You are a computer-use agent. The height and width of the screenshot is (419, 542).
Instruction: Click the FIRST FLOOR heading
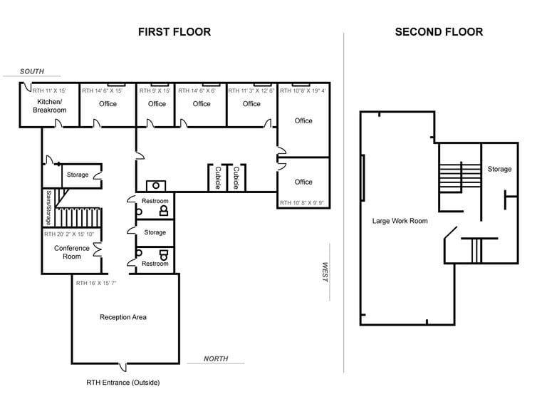click(174, 32)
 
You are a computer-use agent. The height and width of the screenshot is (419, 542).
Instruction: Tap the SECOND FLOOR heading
click(439, 32)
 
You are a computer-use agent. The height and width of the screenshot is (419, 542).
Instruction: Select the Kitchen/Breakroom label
click(49, 106)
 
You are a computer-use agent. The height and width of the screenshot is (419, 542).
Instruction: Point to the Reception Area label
click(123, 317)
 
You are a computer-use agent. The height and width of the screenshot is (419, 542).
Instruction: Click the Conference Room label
click(72, 252)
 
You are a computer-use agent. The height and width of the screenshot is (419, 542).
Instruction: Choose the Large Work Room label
click(400, 221)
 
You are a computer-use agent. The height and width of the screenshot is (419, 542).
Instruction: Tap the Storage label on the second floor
click(499, 169)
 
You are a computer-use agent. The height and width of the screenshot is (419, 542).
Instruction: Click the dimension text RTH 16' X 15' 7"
click(107, 284)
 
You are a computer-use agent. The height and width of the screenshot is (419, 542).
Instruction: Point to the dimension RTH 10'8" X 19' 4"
click(303, 91)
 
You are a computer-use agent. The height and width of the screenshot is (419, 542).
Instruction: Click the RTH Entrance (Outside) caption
click(123, 383)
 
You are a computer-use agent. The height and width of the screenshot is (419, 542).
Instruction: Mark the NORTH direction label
click(216, 358)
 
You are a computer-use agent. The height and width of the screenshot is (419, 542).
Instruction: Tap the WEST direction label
click(324, 271)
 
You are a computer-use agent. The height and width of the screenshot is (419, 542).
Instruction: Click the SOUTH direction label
click(32, 71)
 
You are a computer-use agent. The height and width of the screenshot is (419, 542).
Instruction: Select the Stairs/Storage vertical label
click(48, 207)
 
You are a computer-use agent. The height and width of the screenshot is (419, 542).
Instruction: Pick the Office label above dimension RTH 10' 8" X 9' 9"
click(303, 182)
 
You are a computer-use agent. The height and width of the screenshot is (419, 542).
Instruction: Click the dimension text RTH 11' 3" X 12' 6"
click(251, 91)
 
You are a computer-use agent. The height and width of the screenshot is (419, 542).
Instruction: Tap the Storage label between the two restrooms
click(155, 232)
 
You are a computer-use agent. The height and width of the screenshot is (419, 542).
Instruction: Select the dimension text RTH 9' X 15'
click(155, 91)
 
